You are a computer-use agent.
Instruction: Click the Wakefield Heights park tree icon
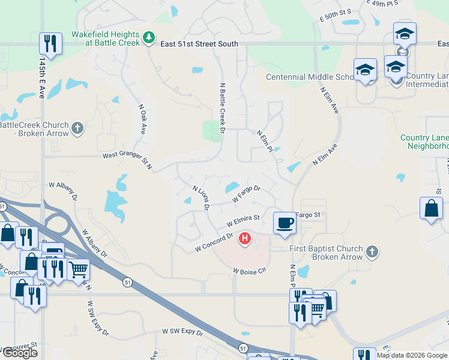click(149, 38)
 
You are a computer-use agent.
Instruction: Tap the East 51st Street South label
click(199, 44)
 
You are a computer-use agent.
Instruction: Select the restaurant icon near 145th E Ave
click(50, 44)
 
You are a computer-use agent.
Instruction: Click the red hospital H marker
click(245, 239)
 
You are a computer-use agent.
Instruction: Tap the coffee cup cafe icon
click(285, 223)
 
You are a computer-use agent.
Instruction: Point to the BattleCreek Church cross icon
click(77, 127)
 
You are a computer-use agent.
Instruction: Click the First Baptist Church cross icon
click(372, 251)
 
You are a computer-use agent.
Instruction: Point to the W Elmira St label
click(243, 220)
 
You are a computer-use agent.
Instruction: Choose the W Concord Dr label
click(214, 242)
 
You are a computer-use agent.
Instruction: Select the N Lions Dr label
click(200, 197)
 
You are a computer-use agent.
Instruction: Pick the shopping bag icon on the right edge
click(431, 209)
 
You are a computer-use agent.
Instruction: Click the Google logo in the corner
click(20, 353)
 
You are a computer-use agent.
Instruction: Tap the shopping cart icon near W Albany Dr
click(78, 270)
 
